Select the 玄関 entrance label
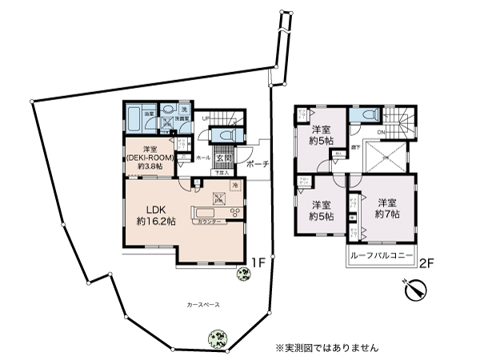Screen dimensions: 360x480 [222, 158]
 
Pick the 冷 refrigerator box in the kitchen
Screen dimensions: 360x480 [235, 186]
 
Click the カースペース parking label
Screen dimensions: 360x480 [203, 305]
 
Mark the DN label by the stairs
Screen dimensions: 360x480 [381, 132]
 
